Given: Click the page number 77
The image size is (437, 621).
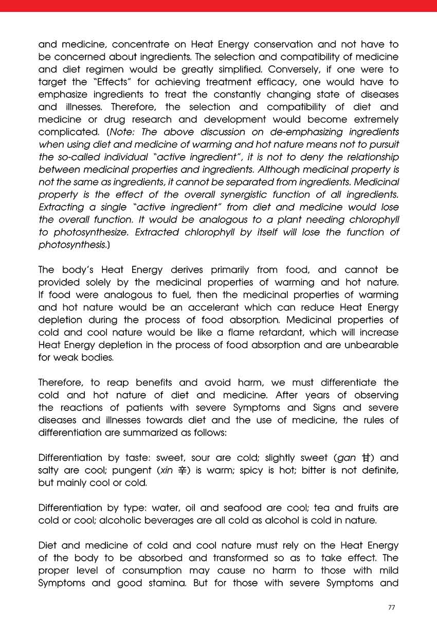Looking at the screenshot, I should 392,607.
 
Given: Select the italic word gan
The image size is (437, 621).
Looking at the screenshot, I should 345,458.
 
